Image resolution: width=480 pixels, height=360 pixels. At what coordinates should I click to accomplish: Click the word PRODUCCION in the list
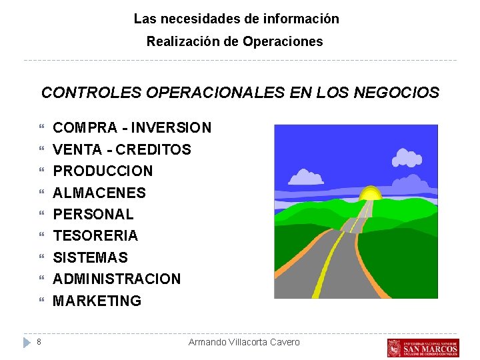point(103,171)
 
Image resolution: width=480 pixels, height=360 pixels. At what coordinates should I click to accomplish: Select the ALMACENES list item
point(99,193)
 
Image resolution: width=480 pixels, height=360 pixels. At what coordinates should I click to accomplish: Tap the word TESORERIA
point(95,235)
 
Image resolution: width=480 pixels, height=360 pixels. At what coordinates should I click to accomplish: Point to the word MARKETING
point(97,301)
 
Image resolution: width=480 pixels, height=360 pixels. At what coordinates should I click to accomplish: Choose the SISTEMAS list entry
point(90,257)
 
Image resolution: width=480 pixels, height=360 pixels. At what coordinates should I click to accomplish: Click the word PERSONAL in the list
point(93,214)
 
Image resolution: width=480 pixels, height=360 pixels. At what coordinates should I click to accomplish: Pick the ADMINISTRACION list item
point(117,279)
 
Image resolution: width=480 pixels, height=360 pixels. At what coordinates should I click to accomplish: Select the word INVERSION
point(171,127)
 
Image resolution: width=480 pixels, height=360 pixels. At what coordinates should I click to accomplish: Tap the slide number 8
point(39,342)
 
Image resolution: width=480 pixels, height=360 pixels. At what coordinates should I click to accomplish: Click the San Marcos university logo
point(423,347)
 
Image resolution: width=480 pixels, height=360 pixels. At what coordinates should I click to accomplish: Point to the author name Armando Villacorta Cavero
point(244,342)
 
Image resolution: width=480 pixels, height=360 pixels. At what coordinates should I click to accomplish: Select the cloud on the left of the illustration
point(306,177)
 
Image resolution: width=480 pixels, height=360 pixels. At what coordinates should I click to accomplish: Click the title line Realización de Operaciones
point(235,41)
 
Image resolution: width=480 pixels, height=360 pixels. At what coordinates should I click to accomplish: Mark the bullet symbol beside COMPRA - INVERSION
point(42,127)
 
